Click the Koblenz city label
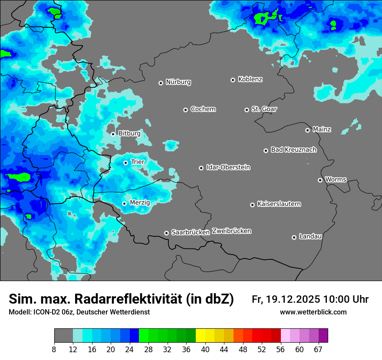[x=250, y=79]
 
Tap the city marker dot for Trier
[x=125, y=163]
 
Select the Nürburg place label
[x=178, y=82]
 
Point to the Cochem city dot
[x=185, y=110]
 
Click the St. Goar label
[x=264, y=109]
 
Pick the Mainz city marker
[x=307, y=130]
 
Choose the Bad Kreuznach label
[x=293, y=150]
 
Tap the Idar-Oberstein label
[x=228, y=167]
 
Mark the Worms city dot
[x=320, y=180]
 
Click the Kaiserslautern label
[x=279, y=204]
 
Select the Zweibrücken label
[x=231, y=231]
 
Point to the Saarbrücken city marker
[x=166, y=233]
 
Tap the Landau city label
[x=310, y=236]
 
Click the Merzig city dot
[x=124, y=203]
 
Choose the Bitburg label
[x=129, y=134]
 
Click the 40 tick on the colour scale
[x=205, y=349]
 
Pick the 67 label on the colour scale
[x=318, y=349]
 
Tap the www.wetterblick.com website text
[x=313, y=312]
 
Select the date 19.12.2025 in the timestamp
[x=293, y=299]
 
